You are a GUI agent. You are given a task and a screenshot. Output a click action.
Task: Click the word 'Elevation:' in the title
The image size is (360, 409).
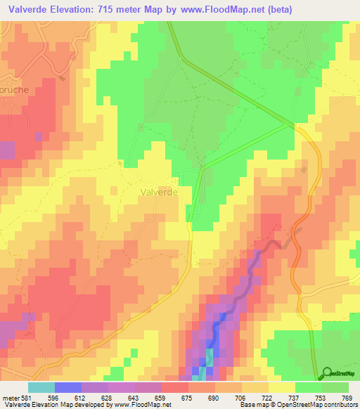point(82,10)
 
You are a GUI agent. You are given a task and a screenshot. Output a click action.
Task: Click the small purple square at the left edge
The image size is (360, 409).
point(6,150)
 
